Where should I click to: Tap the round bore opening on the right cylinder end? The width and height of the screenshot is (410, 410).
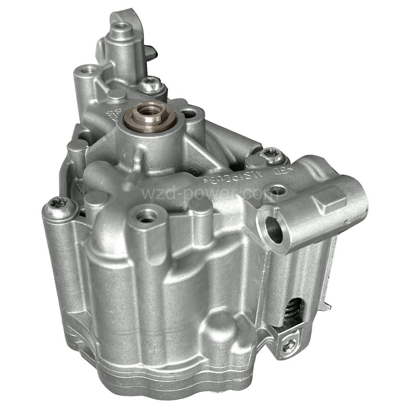tap(273, 230)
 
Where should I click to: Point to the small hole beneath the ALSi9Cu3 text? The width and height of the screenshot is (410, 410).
tap(277, 191)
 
